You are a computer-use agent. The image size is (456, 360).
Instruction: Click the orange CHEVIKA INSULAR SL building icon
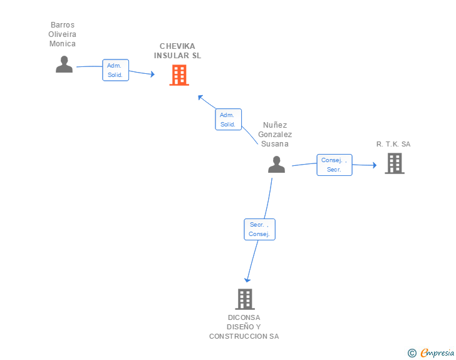pos(179,75)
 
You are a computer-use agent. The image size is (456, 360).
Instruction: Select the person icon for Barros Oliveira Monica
pos(64,64)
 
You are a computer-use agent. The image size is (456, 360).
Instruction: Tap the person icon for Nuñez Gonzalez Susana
pos(276,164)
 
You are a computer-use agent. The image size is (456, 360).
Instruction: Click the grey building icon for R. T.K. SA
pos(395,163)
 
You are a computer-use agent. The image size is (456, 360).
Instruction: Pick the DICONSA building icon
pos(245,299)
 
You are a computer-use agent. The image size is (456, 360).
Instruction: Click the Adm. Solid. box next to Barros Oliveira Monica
pos(115,70)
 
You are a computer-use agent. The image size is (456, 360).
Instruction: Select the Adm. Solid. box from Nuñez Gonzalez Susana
pos(228,119)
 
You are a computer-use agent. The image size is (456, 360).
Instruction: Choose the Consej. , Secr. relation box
pos(334,165)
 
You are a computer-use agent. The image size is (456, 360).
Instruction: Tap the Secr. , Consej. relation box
pos(259,229)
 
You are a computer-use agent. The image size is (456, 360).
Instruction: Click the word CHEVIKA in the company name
pos(177,46)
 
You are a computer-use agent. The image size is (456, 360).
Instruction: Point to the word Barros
pos(63,25)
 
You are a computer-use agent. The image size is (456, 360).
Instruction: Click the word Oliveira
pos(62,34)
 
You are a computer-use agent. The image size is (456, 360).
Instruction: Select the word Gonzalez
pos(275,135)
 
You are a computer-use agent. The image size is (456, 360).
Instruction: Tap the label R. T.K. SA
pos(393,144)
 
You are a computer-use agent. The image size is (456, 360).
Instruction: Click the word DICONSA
pos(244,317)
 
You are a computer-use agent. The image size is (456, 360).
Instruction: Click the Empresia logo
pos(437,352)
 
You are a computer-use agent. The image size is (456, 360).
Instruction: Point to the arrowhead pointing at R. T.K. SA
pos(375,165)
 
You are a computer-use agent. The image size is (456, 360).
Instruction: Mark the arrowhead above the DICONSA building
pos(247,280)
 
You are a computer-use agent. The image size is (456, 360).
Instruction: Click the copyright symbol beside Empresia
pos(412,353)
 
